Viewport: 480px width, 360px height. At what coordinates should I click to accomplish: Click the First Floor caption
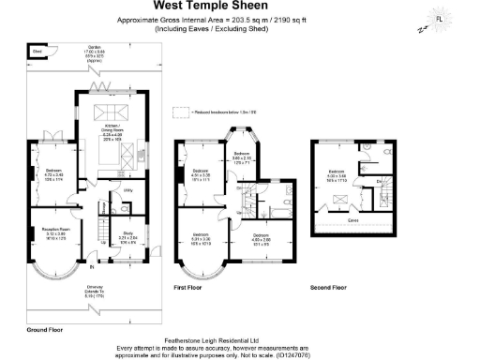pos(188,287)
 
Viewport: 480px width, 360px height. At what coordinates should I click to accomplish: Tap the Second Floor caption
pos(328,287)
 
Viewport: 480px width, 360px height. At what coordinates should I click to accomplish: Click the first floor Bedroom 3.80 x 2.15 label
pos(240,156)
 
